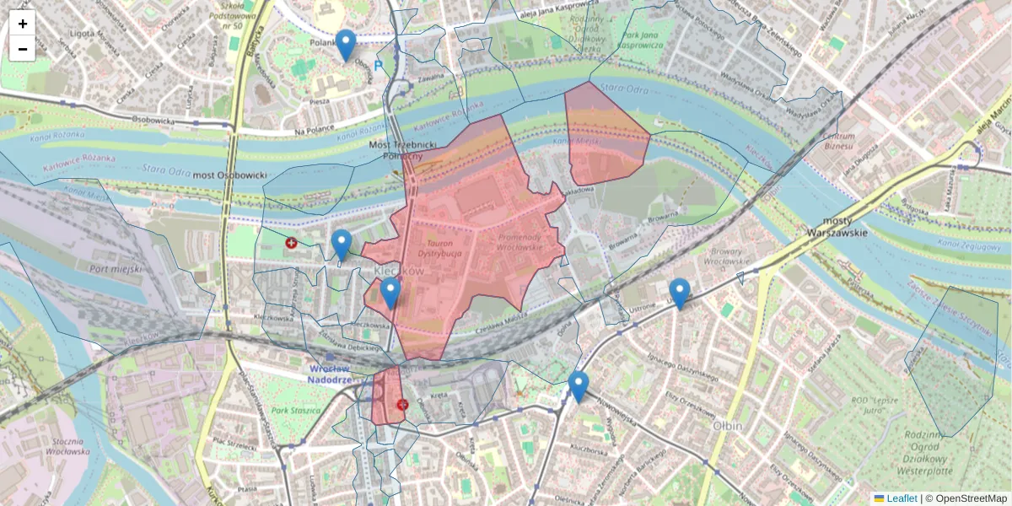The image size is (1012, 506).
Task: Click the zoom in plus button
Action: coord(23,24)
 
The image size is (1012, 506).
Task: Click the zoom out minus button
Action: coord(23,49)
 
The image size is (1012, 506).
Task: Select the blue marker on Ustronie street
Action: coord(679,292)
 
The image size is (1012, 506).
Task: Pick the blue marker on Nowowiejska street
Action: coord(578,385)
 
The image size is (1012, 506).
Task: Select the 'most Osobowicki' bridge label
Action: coord(230,175)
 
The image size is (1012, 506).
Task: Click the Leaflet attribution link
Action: coord(901,498)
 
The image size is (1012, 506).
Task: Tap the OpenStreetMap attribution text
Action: coord(971,498)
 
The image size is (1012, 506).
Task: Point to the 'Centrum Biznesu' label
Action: coord(840,141)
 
